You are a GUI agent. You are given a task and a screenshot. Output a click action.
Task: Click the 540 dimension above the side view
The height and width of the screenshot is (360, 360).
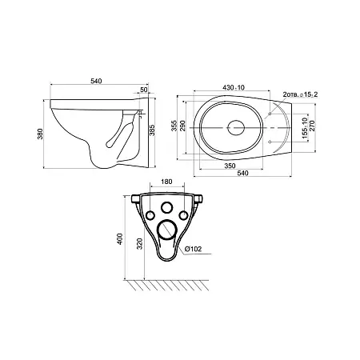96,81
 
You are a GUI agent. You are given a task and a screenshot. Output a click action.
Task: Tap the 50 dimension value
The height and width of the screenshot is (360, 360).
143,90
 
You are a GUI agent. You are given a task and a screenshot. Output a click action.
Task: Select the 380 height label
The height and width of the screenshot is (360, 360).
40,134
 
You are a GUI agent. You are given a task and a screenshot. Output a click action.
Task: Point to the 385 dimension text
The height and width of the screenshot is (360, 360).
152,130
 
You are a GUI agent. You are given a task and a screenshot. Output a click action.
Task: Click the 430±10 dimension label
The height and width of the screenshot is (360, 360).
234,87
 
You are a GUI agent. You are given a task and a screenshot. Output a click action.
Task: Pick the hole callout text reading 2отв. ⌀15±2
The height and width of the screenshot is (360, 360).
300,94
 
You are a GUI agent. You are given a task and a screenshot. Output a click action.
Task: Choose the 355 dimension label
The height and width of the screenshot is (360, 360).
174,126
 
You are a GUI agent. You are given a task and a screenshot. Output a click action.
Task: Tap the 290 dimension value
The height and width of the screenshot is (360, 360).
182,126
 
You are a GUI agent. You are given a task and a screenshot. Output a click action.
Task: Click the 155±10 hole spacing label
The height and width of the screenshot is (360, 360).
305,129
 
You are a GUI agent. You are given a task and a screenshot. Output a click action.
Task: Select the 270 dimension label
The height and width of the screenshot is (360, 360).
312,126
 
